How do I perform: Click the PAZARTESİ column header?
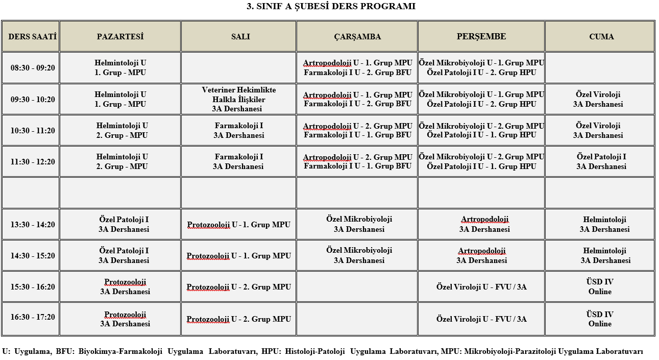(x=120, y=37)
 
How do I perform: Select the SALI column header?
(x=238, y=37)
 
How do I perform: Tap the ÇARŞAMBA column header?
(x=357, y=37)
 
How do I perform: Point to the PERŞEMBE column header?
(x=481, y=37)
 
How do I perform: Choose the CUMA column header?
(x=600, y=37)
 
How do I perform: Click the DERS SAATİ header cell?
(x=31, y=37)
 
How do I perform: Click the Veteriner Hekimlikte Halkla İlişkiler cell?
(x=238, y=99)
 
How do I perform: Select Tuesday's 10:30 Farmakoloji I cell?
(x=238, y=130)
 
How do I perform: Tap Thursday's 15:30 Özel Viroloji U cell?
(x=481, y=287)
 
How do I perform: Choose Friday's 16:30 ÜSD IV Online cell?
(x=600, y=319)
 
